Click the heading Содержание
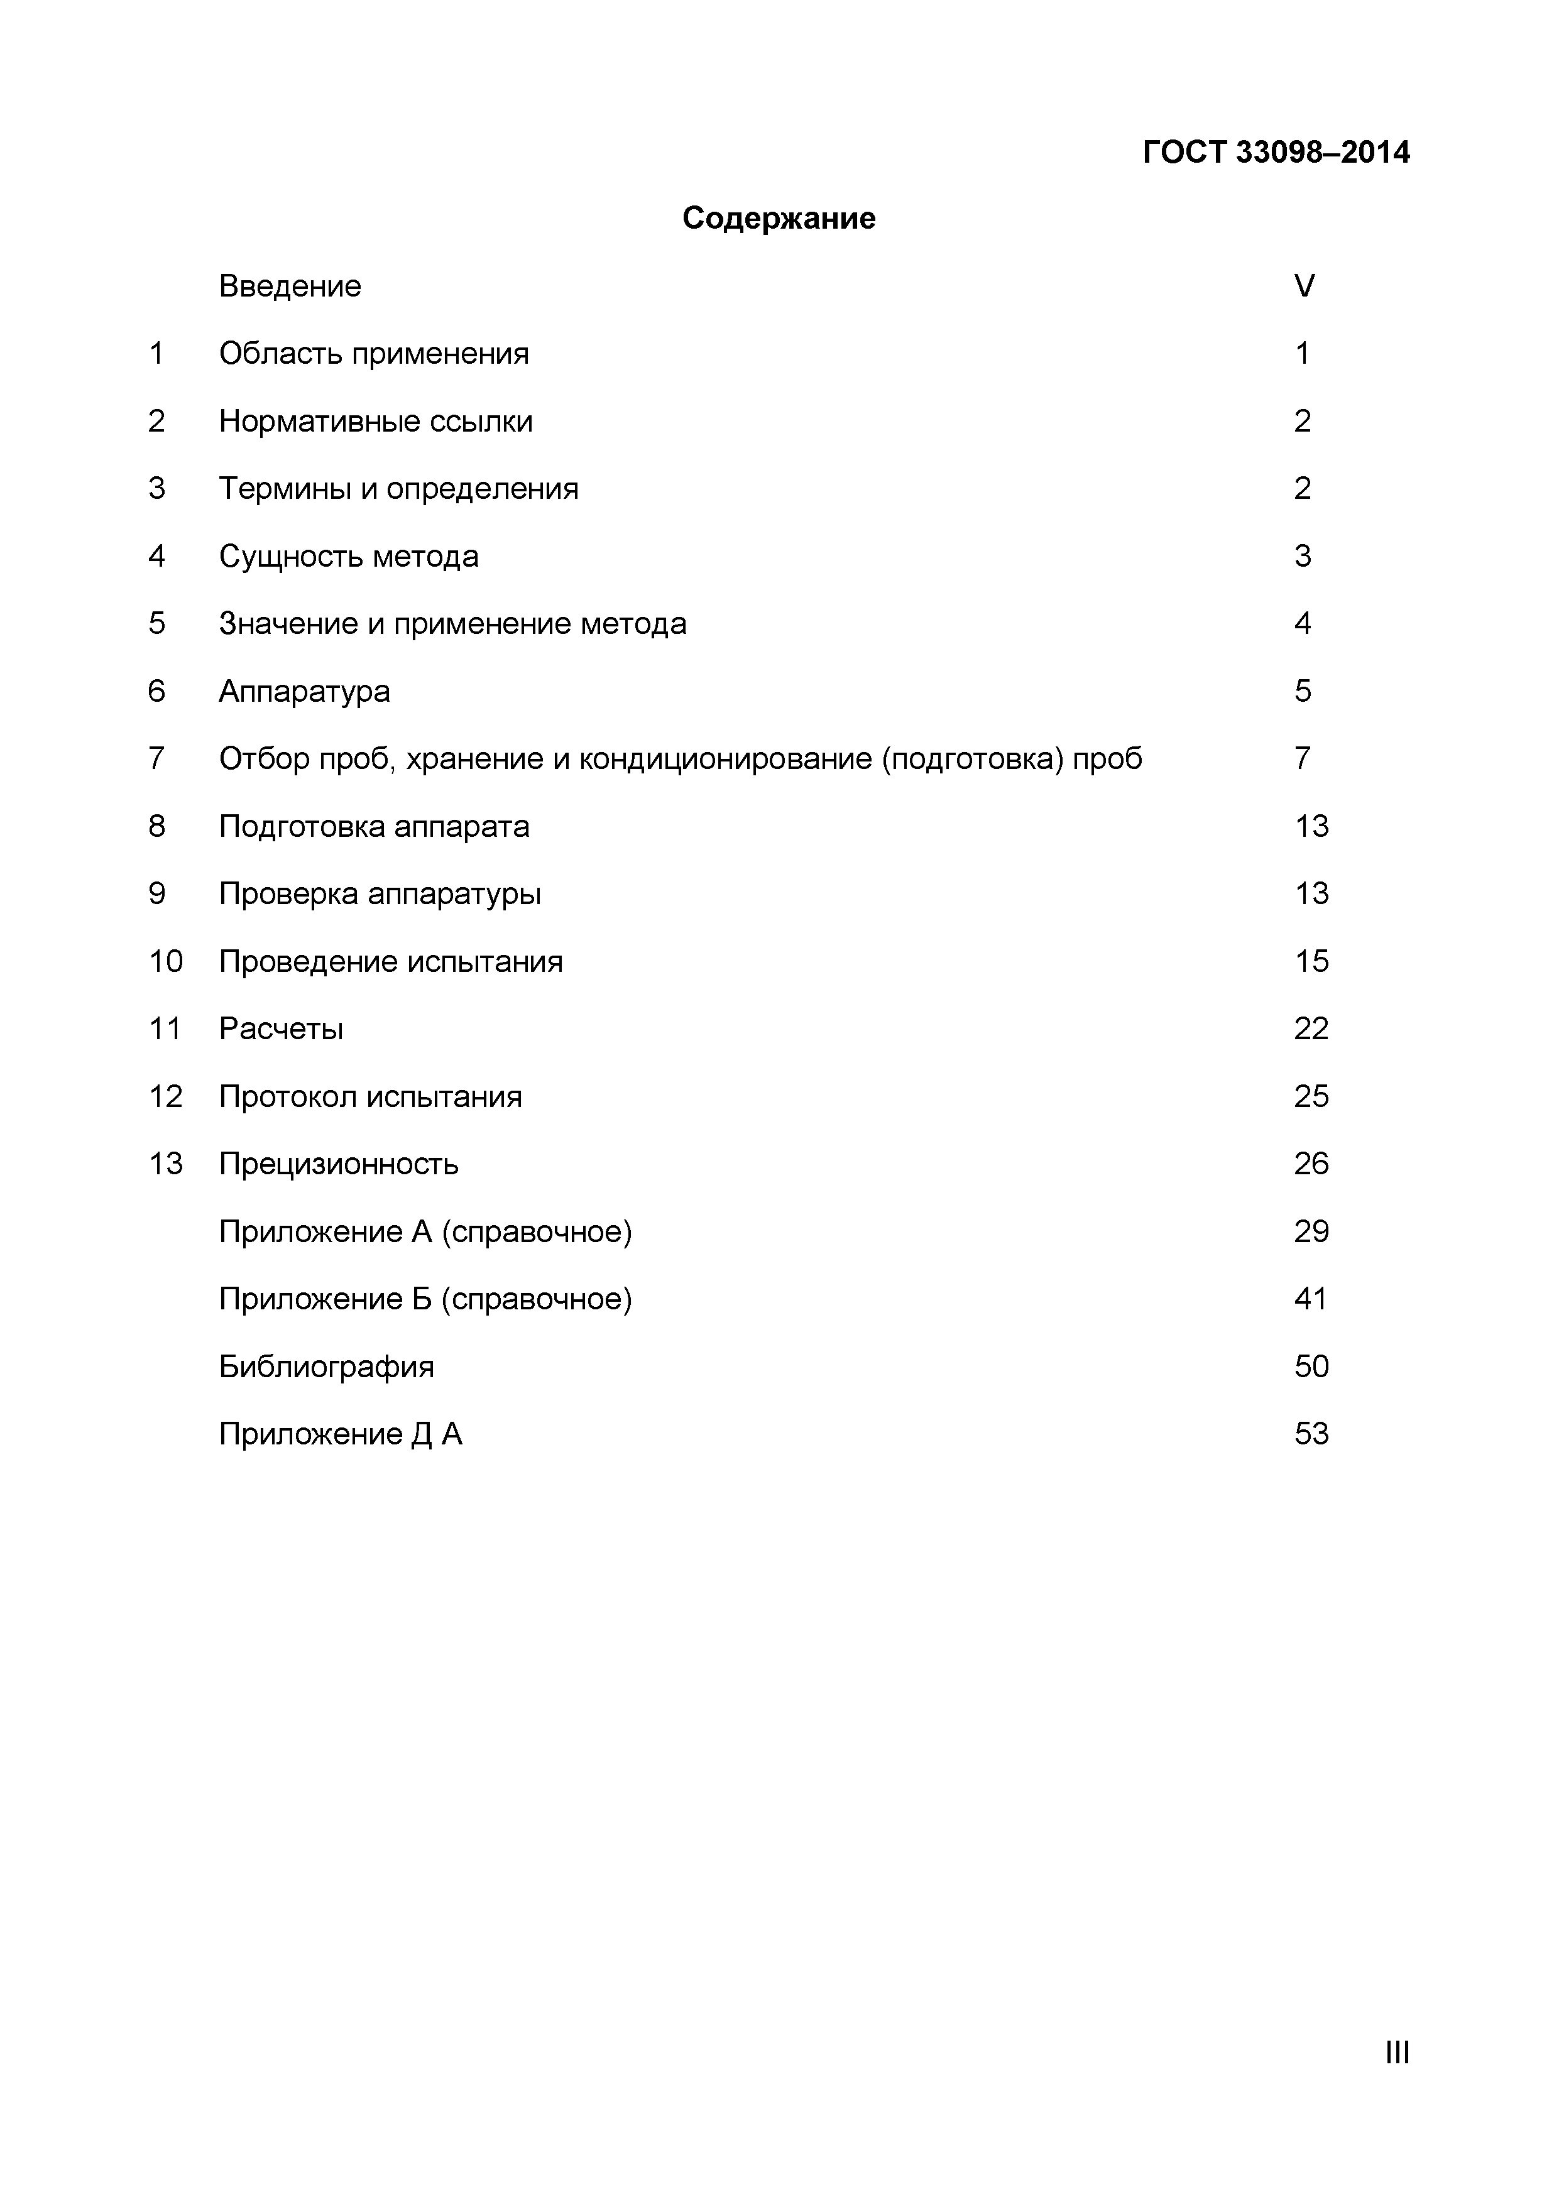coord(779,219)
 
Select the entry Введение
coord(290,286)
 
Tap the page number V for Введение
coord(1304,286)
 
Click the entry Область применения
coord(373,354)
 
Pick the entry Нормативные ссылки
coord(375,422)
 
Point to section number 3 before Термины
coord(156,489)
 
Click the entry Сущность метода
coord(349,557)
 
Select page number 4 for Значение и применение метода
coord(1302,624)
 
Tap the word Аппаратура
coord(304,691)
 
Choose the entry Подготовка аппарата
coord(373,827)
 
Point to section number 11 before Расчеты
coord(165,1029)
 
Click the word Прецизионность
coord(338,1164)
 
